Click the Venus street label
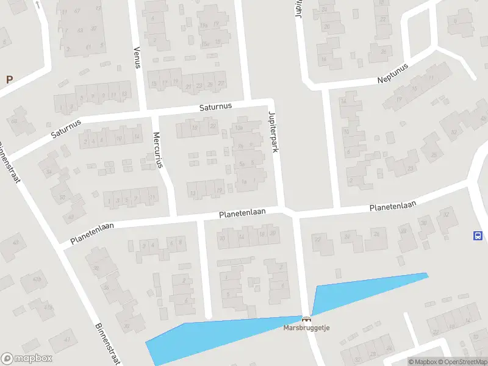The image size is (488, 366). [137, 59]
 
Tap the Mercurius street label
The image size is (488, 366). [158, 149]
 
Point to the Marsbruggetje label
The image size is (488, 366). [306, 328]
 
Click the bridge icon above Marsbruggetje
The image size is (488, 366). [306, 318]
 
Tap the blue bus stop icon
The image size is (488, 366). [478, 236]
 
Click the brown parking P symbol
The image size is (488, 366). [9, 79]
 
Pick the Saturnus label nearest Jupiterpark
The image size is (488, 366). [216, 107]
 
